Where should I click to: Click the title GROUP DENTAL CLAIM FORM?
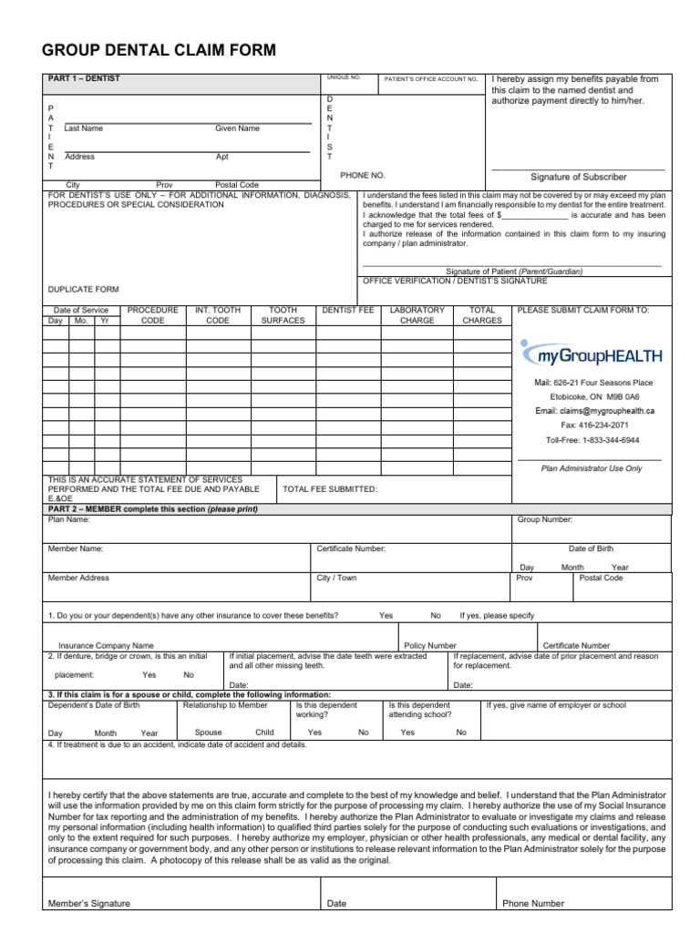(x=159, y=50)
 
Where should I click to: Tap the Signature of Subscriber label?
(x=579, y=177)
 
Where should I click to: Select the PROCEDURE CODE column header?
(x=152, y=315)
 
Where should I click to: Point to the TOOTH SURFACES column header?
(x=283, y=315)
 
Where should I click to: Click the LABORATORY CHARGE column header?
(x=417, y=315)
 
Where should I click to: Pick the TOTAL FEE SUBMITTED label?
(x=330, y=489)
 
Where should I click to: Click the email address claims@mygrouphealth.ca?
(x=594, y=412)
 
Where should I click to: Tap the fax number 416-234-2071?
(x=594, y=425)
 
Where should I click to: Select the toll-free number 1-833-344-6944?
(x=592, y=440)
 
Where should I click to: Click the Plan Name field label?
(x=68, y=519)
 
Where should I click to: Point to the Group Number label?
(x=545, y=519)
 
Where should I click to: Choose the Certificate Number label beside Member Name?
(x=351, y=549)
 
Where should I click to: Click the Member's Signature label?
(x=88, y=904)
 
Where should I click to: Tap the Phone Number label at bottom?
(x=533, y=904)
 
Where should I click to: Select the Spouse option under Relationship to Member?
(x=208, y=733)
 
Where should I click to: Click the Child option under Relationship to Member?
(x=264, y=733)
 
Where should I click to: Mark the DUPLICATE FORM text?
(x=83, y=290)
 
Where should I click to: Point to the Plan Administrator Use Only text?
(x=592, y=468)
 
